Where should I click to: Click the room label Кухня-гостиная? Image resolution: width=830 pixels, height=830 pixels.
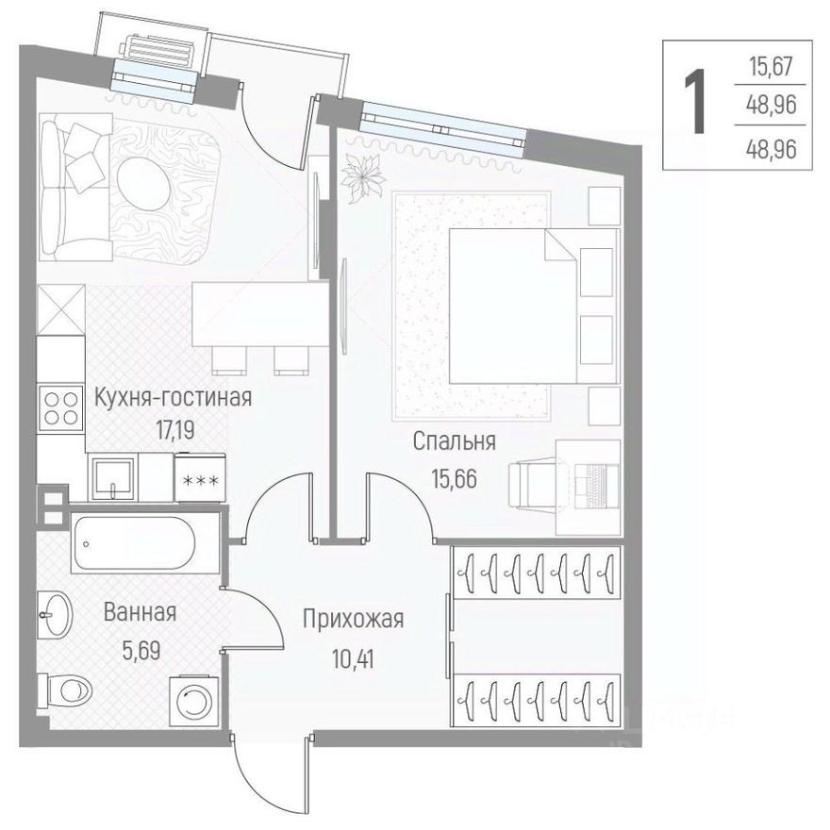(173, 397)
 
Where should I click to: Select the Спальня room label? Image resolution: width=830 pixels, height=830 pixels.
(455, 441)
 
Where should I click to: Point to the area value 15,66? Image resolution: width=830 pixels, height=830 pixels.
(454, 476)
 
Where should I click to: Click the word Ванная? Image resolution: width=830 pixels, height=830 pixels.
(140, 613)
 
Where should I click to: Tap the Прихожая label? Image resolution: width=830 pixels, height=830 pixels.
(353, 620)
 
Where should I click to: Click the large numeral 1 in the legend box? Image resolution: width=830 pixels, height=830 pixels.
(696, 105)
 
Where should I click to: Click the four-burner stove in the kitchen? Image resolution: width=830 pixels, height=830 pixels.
(61, 408)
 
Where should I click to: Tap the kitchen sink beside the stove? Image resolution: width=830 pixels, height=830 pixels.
(112, 477)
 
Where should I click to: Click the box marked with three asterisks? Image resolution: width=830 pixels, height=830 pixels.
(199, 479)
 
